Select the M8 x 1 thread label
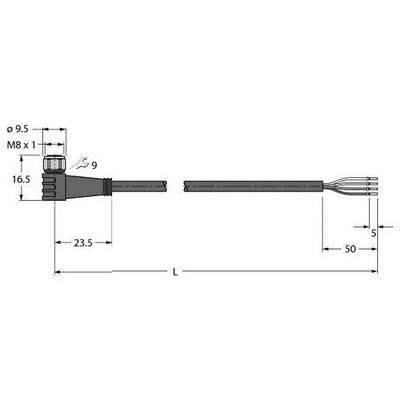(21, 144)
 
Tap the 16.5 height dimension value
(21, 180)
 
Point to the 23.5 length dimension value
(83, 243)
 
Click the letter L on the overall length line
(175, 272)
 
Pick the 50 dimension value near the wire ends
(350, 249)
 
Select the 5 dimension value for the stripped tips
(373, 233)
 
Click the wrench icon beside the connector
(79, 163)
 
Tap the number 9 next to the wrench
(94, 165)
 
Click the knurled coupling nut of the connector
(54, 164)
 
